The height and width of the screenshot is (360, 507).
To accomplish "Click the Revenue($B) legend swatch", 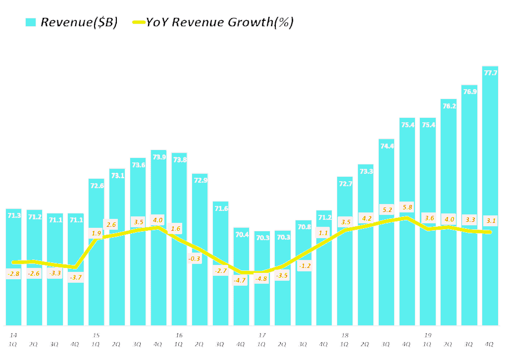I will click(31, 22).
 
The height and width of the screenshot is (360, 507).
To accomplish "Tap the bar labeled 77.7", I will click(490, 198).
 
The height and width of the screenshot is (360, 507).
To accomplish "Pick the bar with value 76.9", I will click(469, 208).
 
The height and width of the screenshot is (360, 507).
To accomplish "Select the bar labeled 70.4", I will click(242, 297).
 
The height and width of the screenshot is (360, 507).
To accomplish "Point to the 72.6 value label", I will click(97, 186).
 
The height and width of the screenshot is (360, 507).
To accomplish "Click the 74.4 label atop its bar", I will click(387, 146).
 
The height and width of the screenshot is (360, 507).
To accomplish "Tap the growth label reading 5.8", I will click(407, 207).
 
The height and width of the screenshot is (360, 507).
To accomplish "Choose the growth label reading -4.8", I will click(262, 278).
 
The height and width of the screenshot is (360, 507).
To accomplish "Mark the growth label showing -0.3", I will click(195, 258).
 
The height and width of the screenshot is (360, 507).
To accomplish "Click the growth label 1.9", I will click(96, 233).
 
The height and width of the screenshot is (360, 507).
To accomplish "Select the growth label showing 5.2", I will click(387, 210).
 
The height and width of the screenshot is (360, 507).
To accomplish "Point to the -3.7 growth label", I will click(75, 277).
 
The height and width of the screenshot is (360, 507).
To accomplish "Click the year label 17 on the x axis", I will click(262, 335).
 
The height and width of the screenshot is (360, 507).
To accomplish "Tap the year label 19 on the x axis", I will click(428, 335).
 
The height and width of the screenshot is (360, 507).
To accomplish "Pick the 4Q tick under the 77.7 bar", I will click(490, 344).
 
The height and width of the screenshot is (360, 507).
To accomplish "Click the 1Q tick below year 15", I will click(96, 344).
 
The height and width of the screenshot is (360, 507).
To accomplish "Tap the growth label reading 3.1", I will click(490, 220).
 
